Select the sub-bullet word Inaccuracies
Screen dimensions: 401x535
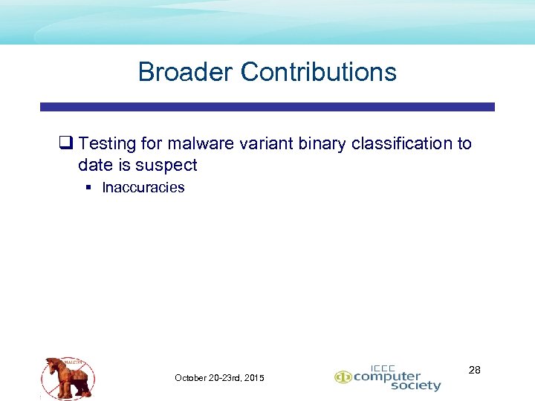[143, 187]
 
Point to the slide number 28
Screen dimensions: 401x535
[475, 369]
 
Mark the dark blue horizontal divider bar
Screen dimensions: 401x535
[267, 107]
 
